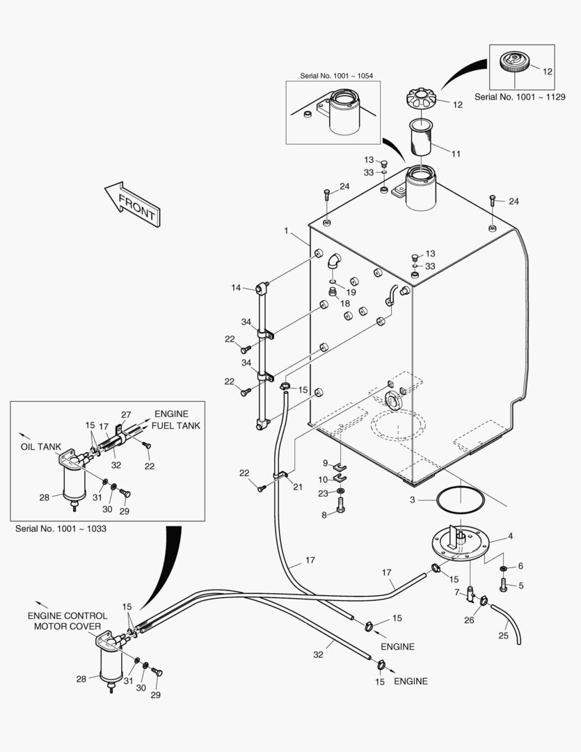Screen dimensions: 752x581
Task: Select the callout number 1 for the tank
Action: pos(285,230)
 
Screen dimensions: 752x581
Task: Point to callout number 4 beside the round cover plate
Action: pos(510,536)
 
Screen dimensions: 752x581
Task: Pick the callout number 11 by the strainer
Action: pos(456,153)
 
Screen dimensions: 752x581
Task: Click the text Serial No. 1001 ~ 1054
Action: pos(333,75)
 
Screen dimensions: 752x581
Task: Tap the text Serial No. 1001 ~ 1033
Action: pos(60,528)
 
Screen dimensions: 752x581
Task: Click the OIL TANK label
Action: pos(41,447)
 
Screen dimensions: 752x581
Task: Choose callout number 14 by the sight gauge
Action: pos(236,288)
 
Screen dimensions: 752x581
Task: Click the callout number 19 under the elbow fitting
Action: pos(351,292)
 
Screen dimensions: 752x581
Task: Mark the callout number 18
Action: pos(345,304)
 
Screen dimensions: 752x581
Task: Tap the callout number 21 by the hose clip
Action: pos(298,487)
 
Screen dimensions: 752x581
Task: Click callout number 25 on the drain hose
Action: pos(504,635)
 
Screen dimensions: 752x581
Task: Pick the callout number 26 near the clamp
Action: pos(469,620)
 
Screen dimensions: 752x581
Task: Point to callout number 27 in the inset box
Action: pos(126,415)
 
